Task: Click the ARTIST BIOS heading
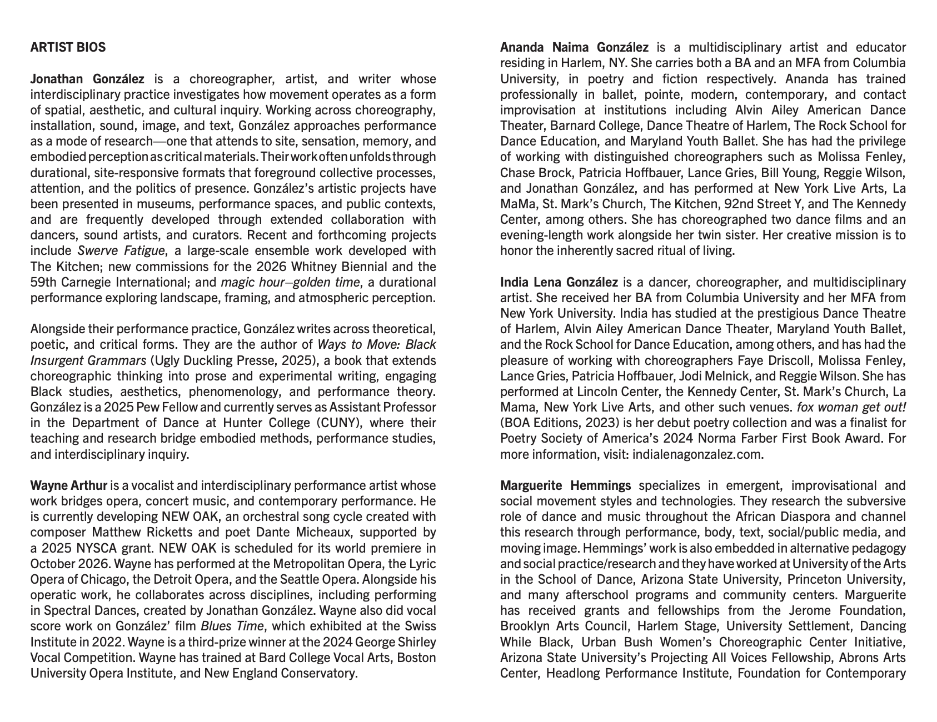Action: click(x=68, y=47)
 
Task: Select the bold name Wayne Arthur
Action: click(x=68, y=485)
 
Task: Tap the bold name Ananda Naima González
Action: click(x=574, y=47)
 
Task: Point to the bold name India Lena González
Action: click(x=559, y=282)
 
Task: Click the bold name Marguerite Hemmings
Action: click(x=565, y=485)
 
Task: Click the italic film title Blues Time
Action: click(x=232, y=626)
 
